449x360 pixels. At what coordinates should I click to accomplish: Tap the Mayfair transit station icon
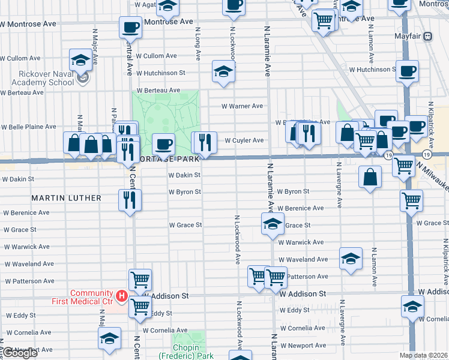(x=428, y=36)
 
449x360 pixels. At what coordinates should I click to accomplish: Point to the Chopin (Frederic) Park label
(x=186, y=351)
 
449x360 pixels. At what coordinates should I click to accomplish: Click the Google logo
(x=19, y=353)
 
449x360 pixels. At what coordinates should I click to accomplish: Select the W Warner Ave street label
(x=242, y=106)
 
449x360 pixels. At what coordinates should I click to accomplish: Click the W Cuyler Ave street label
(x=244, y=140)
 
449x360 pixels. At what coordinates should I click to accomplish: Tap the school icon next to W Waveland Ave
(x=351, y=258)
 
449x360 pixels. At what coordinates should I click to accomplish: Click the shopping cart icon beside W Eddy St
(x=140, y=306)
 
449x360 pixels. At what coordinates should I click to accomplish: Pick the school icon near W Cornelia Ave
(x=110, y=338)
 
